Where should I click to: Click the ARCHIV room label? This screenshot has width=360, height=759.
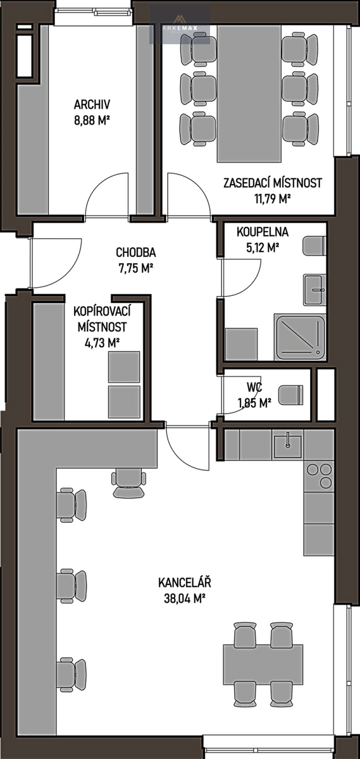[92, 105]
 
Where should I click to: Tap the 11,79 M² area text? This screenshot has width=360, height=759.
[273, 199]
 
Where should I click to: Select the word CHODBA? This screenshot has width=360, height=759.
[136, 252]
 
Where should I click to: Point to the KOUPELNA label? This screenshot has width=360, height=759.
[263, 232]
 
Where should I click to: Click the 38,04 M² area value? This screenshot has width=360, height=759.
[185, 599]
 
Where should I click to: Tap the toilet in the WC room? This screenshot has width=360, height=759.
[290, 395]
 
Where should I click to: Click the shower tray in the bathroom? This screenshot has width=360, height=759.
[301, 336]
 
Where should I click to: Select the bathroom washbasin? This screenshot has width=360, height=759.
[314, 290]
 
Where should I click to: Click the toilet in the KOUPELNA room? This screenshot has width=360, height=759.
[314, 245]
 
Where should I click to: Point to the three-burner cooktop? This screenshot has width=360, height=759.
[319, 476]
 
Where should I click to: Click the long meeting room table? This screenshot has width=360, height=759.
[249, 93]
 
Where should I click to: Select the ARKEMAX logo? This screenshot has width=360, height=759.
[180, 24]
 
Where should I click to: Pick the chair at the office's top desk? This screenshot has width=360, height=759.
[129, 483]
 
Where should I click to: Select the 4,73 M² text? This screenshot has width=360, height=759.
[102, 343]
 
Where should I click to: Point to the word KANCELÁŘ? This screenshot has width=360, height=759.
[185, 583]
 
